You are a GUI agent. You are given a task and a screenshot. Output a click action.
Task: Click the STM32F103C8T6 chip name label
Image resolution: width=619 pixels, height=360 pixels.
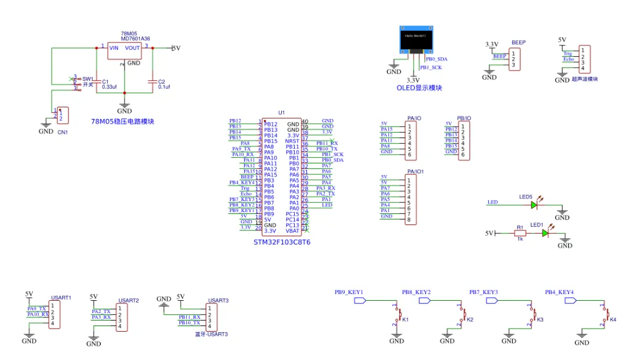282,242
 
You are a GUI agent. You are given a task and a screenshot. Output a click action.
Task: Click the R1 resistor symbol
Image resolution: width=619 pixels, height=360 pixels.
520,233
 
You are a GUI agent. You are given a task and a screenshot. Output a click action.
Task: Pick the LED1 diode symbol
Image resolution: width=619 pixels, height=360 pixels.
545,233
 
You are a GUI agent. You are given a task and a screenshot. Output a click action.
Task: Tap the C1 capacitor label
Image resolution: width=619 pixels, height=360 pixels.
105,81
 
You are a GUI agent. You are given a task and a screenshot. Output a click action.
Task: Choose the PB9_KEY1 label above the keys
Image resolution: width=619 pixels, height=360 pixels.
348,292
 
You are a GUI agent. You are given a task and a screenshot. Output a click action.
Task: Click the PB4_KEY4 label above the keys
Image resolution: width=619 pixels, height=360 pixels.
559,292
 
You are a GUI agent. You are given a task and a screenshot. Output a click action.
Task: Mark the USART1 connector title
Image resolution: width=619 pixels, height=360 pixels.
61,298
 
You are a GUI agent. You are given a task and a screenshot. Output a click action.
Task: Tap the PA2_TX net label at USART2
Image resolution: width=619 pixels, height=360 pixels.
101,311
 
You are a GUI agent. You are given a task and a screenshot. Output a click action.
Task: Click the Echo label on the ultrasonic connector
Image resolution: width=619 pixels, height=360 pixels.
568,59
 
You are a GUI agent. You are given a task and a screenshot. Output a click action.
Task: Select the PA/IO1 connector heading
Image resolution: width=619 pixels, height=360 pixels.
416,171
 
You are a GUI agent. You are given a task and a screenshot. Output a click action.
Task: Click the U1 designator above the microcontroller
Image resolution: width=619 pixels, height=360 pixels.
282,113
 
